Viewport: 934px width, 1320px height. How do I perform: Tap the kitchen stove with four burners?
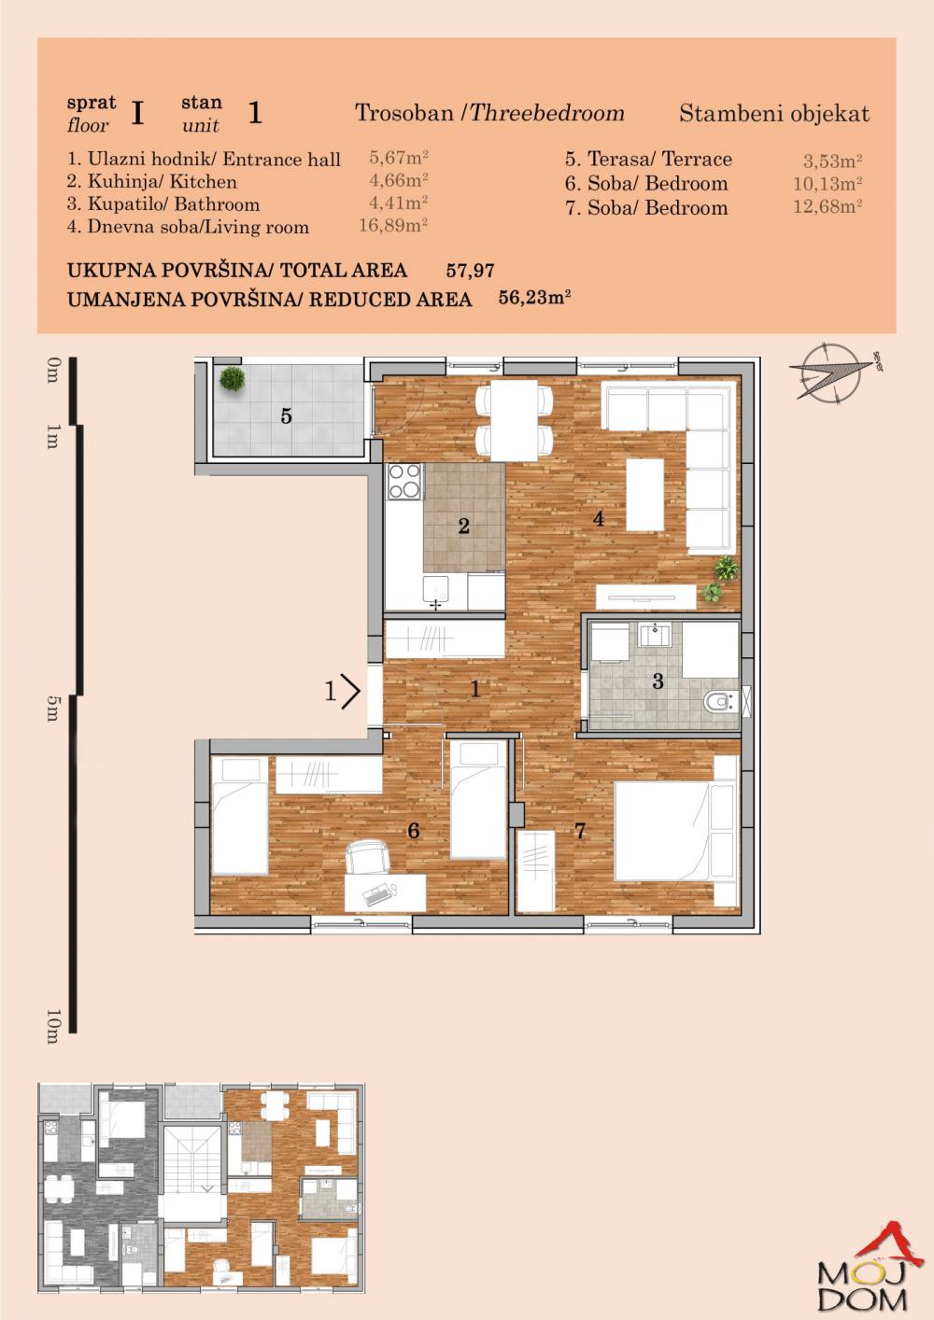pos(403,483)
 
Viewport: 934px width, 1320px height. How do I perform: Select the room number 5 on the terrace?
pos(286,416)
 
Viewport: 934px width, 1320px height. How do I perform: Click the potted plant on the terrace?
pos(233,379)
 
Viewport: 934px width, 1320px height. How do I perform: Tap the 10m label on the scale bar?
pos(52,1025)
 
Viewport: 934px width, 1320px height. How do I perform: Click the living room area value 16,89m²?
pos(393,225)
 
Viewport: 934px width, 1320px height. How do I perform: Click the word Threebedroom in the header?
pos(546,113)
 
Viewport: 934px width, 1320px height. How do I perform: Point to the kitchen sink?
pos(435,591)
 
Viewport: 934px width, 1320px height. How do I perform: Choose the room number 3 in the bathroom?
pos(658,681)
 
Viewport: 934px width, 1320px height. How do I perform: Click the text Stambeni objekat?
pos(773,114)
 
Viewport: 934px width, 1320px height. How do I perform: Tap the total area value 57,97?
pos(470,271)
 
